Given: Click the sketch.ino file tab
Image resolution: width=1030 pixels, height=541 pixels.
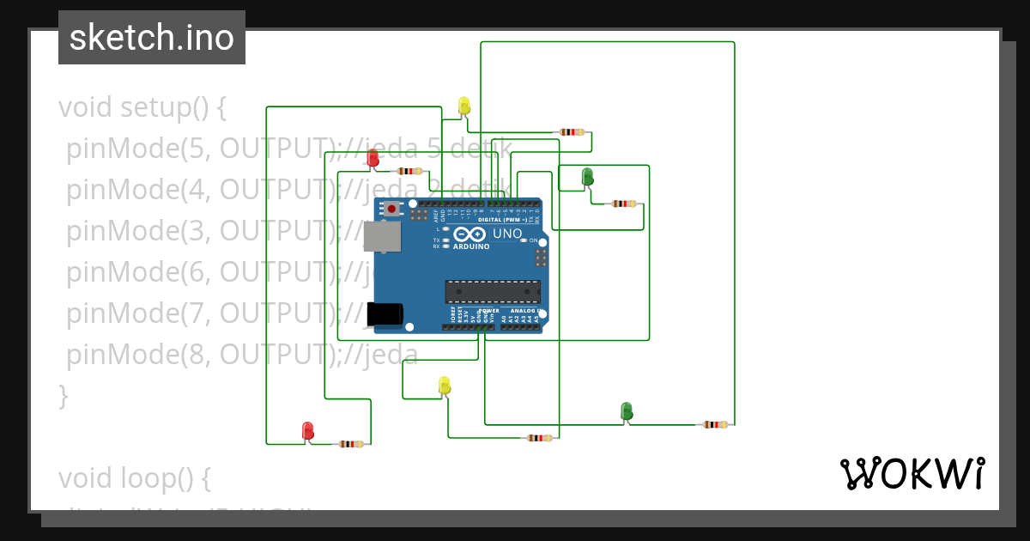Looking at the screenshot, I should [x=151, y=38].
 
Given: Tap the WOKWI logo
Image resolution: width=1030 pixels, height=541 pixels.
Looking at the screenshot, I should [x=912, y=473].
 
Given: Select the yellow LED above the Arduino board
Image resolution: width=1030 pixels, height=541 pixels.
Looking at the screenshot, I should [x=464, y=106].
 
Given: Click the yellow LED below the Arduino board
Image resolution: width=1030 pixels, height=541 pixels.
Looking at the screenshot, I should [x=444, y=386].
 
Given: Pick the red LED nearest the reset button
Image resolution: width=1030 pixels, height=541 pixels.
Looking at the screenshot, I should [x=373, y=158].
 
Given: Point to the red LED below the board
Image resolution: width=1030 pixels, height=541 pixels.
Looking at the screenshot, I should [x=308, y=431].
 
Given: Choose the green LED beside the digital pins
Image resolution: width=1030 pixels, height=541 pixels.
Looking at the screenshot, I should [x=587, y=177].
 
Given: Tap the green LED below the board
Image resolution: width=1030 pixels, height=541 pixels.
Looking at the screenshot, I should [x=627, y=411].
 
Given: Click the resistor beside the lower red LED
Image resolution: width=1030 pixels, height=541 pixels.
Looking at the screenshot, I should [x=351, y=444].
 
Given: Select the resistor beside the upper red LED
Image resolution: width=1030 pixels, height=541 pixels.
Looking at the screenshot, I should [x=409, y=171].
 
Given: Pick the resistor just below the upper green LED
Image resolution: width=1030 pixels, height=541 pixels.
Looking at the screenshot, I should [x=624, y=204].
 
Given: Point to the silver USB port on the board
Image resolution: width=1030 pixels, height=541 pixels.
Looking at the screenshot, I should [x=381, y=237].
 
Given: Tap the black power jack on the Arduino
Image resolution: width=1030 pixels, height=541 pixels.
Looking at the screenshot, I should [x=384, y=313].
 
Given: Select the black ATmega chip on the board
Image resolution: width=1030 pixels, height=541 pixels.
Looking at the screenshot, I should [x=492, y=291].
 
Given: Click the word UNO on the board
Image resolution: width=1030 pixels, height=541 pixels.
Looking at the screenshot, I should [x=507, y=234].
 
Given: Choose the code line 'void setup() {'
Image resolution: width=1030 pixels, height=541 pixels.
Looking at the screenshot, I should [x=142, y=108].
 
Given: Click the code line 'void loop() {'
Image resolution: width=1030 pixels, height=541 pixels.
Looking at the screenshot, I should [x=135, y=477].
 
